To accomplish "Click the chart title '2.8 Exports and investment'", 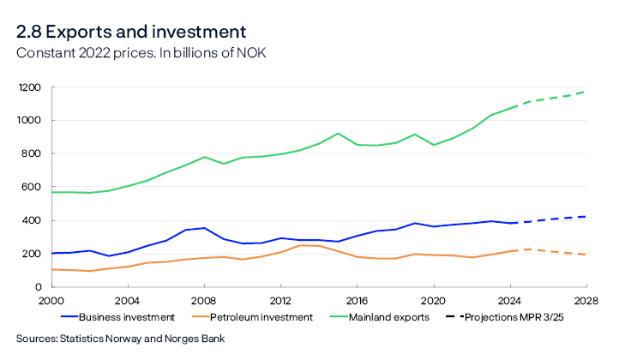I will click(131, 32).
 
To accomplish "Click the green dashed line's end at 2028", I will click(586, 92).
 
